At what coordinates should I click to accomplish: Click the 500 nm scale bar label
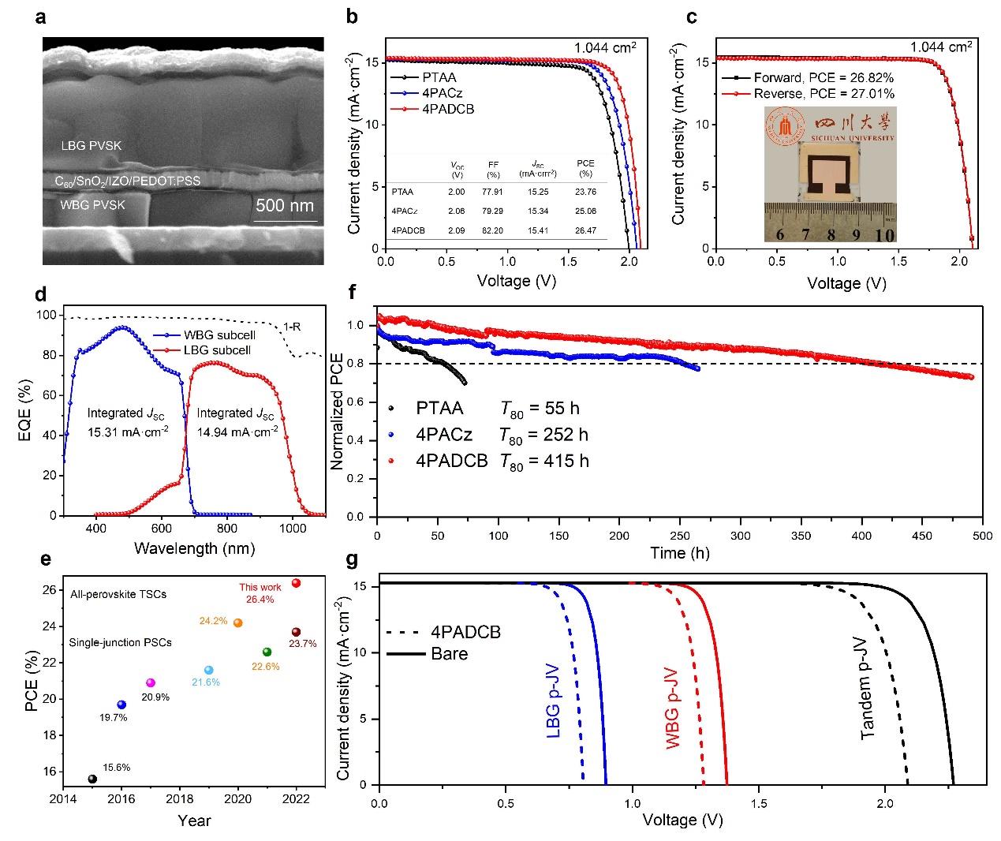click(285, 206)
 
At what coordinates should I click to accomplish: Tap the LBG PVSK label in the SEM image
click(92, 146)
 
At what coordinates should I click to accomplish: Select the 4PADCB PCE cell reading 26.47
click(585, 230)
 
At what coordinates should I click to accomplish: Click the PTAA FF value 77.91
click(493, 192)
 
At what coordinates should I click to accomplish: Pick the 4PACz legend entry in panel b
click(442, 93)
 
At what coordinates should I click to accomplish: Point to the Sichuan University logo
click(786, 127)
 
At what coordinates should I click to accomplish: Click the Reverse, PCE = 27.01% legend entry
click(824, 94)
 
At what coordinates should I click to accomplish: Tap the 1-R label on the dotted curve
click(292, 327)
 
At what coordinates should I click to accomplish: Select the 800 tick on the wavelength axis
click(227, 529)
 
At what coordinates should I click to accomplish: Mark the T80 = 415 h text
click(544, 462)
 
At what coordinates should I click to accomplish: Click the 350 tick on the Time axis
click(801, 536)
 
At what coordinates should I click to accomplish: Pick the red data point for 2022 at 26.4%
click(297, 583)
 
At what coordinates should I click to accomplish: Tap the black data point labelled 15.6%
click(92, 779)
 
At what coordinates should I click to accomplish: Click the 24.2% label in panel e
click(213, 621)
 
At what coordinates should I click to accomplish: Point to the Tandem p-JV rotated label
click(867, 688)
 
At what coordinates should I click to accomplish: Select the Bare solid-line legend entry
click(449, 654)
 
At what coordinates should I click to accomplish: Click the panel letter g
click(352, 560)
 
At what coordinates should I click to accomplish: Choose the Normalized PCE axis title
click(338, 411)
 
